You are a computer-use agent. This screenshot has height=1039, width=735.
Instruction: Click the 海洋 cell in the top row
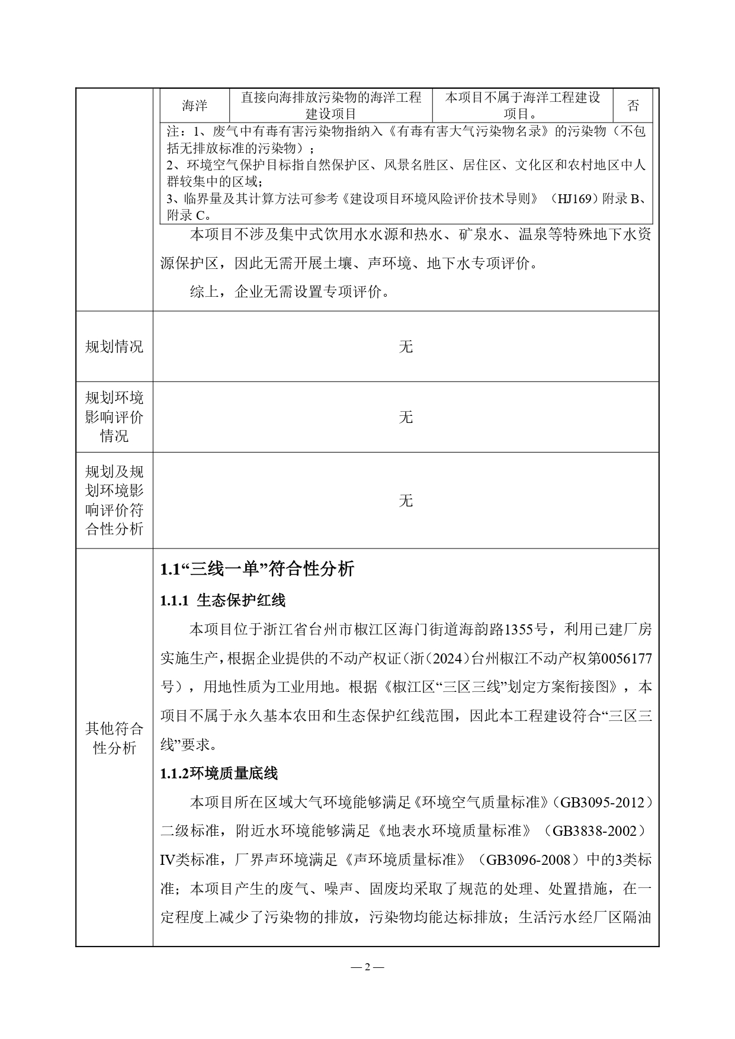194,105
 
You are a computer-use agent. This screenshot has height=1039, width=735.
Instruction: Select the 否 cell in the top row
633,105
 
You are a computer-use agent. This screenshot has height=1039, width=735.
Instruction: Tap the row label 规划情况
114,347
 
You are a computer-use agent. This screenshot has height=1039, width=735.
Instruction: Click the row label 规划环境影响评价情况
114,417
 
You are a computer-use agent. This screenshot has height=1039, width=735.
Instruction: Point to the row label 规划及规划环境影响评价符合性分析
114,501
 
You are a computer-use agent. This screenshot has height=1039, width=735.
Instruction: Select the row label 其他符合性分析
114,738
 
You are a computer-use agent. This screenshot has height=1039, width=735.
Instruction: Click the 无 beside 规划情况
406,347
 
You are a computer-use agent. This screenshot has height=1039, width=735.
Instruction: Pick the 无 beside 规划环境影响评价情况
406,417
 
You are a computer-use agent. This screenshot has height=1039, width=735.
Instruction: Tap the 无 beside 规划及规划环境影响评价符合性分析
406,501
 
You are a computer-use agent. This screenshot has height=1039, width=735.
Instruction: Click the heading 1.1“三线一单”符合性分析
257,569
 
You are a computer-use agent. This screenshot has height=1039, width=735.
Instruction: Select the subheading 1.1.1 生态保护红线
223,601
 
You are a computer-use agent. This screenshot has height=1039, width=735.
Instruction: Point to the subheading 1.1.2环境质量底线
219,773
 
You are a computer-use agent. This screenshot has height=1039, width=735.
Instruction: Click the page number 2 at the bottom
367,967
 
